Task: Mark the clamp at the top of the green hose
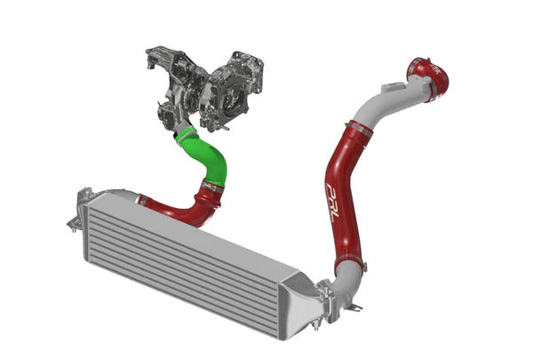point(185,133)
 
